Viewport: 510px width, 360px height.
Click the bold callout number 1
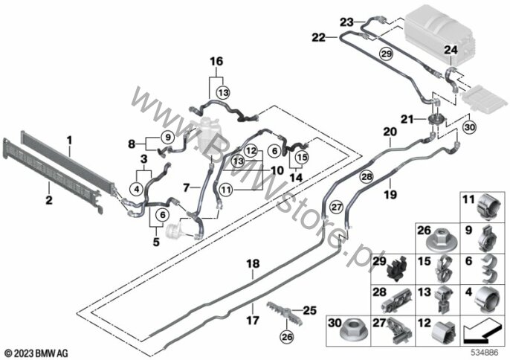click(x=69, y=139)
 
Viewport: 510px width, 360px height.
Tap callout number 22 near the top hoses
click(x=319, y=36)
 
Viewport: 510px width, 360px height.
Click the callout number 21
click(x=407, y=120)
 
